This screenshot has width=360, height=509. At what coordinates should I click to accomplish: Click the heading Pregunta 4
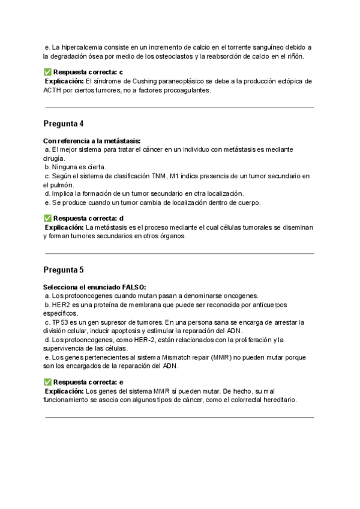64,124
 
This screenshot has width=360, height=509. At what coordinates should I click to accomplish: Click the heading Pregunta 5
64,270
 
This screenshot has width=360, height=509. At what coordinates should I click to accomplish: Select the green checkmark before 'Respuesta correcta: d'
47,218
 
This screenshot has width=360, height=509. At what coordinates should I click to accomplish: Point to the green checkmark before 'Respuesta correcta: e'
47,382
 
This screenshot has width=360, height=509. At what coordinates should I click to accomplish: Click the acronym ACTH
53,90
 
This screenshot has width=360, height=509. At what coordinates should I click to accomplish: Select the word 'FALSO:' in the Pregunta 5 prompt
133,287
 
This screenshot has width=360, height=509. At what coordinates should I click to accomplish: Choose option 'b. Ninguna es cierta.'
76,167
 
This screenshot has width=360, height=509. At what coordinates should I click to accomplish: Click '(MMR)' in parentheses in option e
221,357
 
